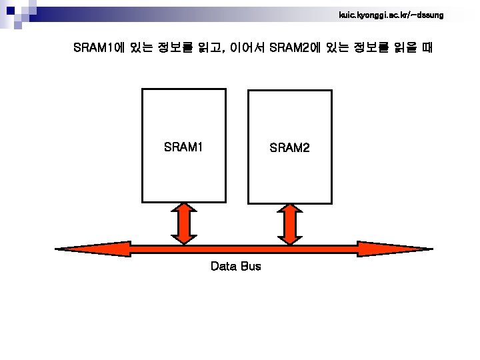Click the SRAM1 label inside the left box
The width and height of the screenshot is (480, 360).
(183, 147)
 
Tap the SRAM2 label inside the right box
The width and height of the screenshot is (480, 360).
(289, 147)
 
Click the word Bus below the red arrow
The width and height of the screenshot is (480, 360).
(251, 267)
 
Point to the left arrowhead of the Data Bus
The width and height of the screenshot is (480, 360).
(73, 250)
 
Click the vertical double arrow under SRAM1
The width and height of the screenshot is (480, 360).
(184, 224)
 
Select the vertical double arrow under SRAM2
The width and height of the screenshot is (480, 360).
(289, 224)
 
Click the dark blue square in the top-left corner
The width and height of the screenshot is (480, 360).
(9, 9)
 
